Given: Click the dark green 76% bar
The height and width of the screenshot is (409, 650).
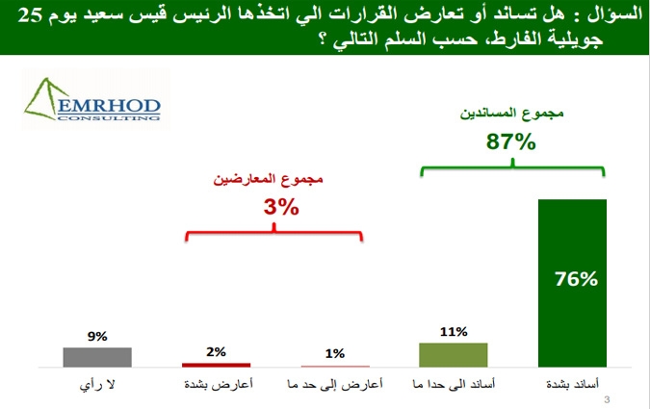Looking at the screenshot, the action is [572, 283].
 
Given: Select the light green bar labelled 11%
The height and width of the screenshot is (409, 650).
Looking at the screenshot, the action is [454, 355].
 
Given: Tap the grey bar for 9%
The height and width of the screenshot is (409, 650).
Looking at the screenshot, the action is [97, 357].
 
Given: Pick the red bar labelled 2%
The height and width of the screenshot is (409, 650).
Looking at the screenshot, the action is [216, 365].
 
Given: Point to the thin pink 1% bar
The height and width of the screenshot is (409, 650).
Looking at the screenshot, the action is [335, 367].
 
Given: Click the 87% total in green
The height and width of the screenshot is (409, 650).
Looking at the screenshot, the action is [510, 141].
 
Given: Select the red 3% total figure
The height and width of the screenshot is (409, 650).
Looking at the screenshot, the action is [281, 207].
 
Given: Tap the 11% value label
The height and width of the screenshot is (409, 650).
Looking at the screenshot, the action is [454, 331].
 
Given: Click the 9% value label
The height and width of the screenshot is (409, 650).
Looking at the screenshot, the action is [97, 336].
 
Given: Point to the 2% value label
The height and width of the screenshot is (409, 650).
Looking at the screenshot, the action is [216, 352].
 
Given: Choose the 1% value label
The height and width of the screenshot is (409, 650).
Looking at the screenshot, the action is [335, 353].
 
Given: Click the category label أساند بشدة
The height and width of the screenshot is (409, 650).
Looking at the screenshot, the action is [572, 384].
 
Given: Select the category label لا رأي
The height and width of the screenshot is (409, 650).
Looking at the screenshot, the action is [97, 385].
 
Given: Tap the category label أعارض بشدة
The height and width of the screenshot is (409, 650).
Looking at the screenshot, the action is [219, 385].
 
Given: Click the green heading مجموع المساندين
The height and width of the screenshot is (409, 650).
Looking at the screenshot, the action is [511, 113].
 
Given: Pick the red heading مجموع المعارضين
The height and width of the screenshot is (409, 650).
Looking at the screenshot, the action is [269, 179].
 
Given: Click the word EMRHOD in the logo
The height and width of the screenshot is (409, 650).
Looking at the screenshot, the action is [109, 106].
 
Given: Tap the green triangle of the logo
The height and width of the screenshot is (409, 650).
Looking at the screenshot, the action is [43, 99].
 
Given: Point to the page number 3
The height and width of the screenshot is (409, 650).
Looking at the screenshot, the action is [607, 400].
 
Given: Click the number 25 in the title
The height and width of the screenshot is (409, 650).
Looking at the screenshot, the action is [30, 15].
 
